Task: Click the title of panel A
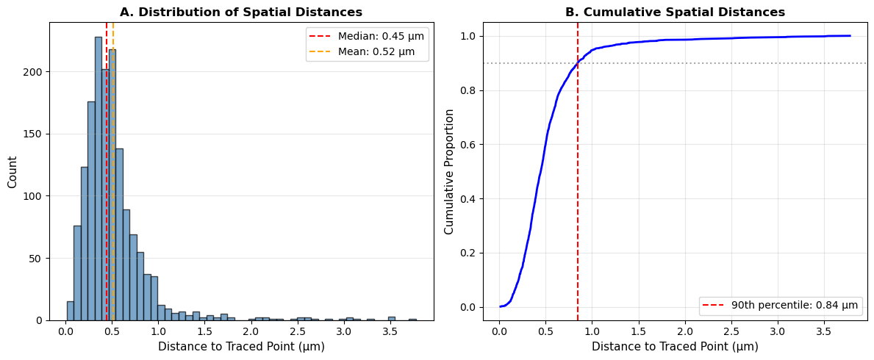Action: (241, 12)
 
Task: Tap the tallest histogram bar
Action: (98, 179)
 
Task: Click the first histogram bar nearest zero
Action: (71, 311)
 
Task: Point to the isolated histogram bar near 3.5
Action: (392, 318)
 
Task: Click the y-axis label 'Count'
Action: (12, 171)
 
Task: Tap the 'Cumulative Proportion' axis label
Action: (448, 171)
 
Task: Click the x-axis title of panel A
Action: (241, 347)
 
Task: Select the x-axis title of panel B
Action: (675, 347)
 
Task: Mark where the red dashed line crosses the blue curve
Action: (578, 63)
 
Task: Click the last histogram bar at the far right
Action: (412, 320)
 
